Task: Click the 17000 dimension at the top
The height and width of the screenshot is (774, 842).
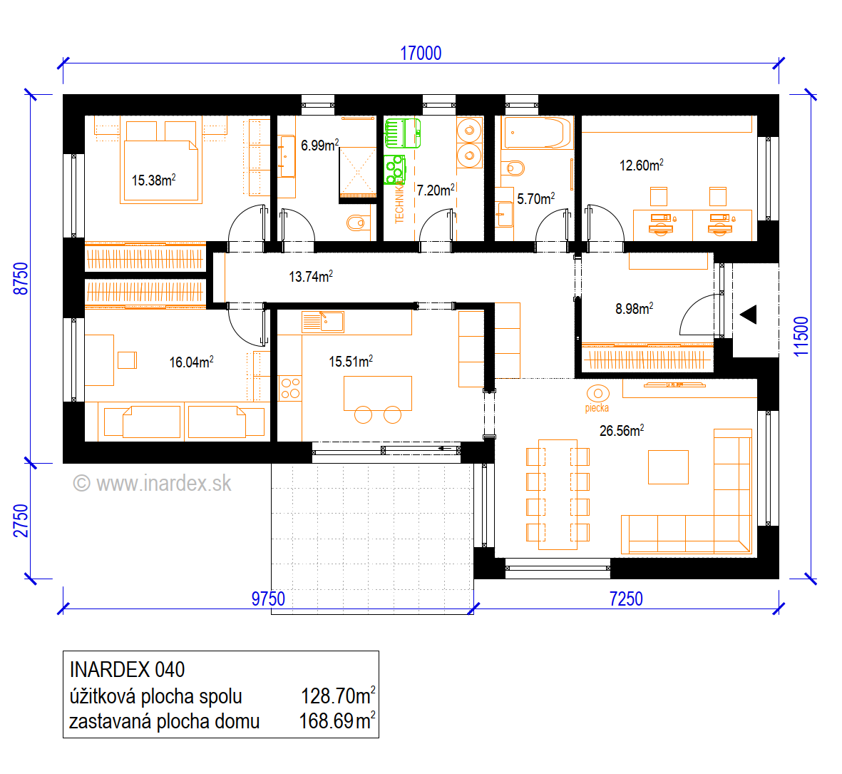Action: click(x=421, y=54)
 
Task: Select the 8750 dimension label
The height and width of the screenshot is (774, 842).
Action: click(x=21, y=278)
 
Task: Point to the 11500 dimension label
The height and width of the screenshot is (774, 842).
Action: click(x=801, y=336)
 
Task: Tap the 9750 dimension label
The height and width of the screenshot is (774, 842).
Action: click(x=268, y=599)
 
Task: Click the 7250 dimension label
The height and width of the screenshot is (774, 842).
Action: click(x=625, y=599)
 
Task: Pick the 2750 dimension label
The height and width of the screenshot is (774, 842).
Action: click(x=21, y=521)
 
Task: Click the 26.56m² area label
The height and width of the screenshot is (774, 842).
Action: click(x=621, y=430)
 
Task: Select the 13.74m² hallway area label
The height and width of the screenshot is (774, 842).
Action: click(x=310, y=276)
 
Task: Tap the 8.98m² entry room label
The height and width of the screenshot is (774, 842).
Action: click(x=635, y=308)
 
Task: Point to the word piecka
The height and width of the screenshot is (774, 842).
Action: click(x=597, y=408)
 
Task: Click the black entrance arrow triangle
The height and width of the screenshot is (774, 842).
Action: click(x=749, y=314)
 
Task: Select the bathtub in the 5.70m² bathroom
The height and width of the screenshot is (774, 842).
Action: click(x=537, y=132)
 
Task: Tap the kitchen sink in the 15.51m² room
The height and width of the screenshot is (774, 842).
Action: click(x=323, y=322)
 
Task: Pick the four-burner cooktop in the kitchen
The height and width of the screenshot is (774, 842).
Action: click(x=290, y=388)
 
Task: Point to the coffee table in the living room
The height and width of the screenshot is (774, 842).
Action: click(x=668, y=467)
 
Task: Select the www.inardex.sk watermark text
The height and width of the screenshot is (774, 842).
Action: click(x=153, y=484)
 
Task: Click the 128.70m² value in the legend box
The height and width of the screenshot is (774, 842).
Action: click(x=338, y=696)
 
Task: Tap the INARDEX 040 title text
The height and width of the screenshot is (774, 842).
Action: click(x=128, y=670)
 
